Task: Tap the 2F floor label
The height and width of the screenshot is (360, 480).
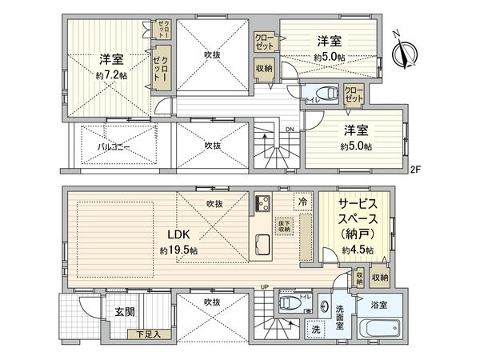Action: pos(415,170)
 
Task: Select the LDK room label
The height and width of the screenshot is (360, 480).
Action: pos(178,235)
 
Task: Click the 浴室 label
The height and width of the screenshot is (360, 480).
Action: pos(380,304)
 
